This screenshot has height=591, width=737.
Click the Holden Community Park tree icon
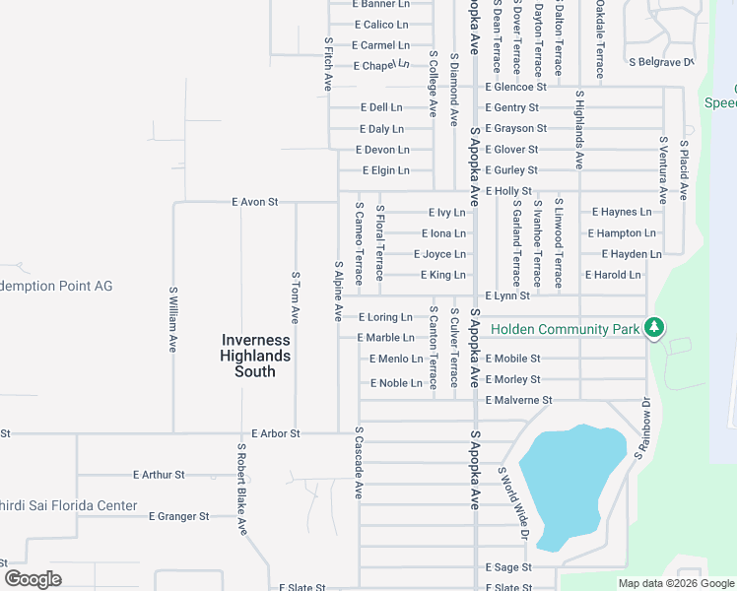653,329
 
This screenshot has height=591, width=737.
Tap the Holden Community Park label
566,329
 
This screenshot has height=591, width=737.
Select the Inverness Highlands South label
255,356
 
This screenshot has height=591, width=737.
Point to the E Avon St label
255,202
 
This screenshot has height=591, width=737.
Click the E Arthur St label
159,475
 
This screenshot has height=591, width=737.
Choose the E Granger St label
178,516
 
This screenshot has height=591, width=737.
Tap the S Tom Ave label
295,297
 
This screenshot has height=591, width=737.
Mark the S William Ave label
173,319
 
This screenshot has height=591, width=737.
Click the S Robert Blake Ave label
241,489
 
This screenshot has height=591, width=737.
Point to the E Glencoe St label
515,87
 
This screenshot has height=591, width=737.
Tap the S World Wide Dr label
513,504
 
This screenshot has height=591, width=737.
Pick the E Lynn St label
507,295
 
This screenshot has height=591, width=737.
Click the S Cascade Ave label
360,462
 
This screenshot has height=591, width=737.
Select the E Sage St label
508,567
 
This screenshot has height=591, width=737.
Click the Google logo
33,579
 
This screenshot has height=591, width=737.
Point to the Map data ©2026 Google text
675,583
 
